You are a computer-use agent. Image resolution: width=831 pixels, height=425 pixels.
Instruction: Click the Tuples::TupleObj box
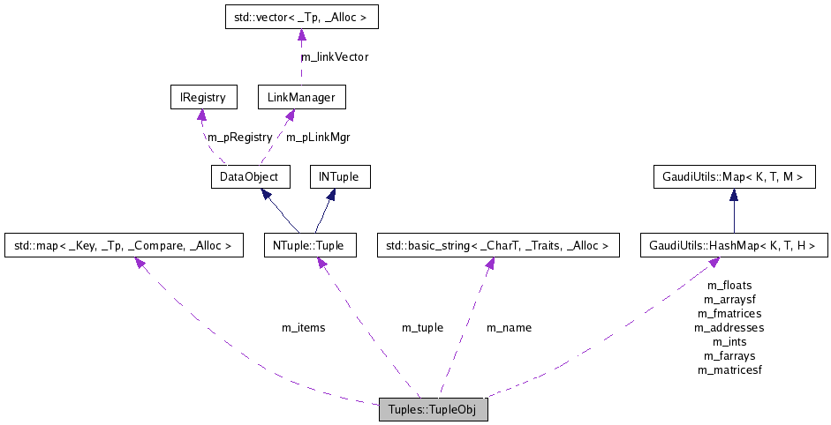tap(433, 411)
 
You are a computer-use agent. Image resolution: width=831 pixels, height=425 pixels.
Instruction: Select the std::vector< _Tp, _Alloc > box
tap(300, 16)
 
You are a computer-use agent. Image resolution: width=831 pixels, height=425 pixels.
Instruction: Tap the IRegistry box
tap(202, 97)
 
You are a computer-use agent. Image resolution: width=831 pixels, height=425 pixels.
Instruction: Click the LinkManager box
tap(301, 97)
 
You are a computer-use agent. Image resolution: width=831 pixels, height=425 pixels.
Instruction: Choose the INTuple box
tap(339, 177)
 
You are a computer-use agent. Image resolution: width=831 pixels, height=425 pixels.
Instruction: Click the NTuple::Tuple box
tap(309, 245)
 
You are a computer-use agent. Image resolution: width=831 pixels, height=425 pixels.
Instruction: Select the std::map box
tap(123, 245)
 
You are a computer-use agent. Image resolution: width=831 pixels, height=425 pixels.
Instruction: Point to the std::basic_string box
tap(496, 245)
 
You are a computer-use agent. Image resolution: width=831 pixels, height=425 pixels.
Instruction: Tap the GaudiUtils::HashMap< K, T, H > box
tap(732, 245)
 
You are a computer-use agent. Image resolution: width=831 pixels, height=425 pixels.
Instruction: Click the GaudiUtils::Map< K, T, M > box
tap(732, 177)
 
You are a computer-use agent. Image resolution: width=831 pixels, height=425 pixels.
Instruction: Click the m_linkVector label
tap(335, 56)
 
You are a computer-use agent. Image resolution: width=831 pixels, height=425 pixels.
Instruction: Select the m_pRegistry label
tap(239, 137)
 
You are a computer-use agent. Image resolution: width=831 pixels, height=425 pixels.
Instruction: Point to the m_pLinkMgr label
tap(318, 137)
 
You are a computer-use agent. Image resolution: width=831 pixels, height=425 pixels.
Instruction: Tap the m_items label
tap(303, 327)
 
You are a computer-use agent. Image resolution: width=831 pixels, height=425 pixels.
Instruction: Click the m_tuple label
tap(422, 327)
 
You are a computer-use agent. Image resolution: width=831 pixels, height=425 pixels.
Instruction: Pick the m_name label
tap(509, 327)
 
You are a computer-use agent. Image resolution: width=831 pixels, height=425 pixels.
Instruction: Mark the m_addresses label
tap(729, 327)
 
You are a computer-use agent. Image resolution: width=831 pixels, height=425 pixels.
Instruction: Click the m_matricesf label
tap(729, 369)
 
